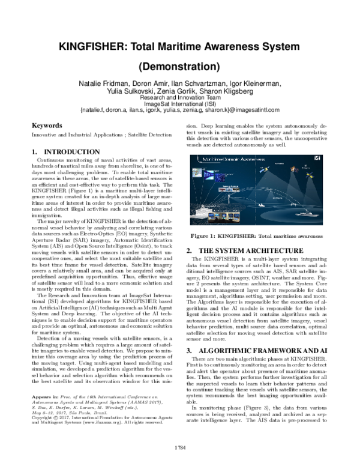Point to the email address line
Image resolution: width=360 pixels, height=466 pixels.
180,110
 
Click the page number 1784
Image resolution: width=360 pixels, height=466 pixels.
180,447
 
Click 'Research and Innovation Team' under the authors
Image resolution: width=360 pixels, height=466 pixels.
180,97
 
